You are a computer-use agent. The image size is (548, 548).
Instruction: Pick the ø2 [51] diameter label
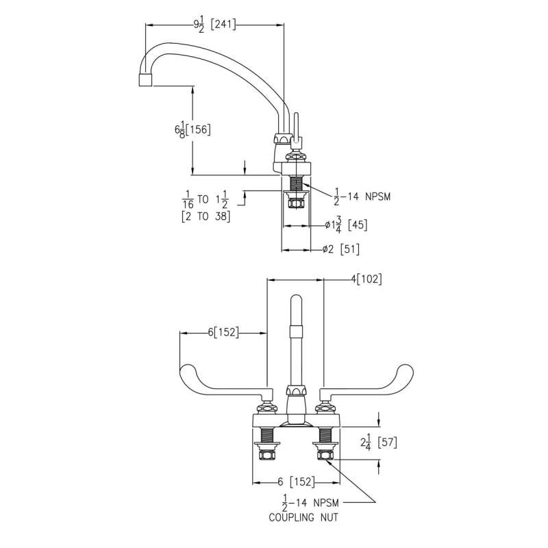[340, 249]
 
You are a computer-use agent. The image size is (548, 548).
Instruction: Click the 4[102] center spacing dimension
[366, 279]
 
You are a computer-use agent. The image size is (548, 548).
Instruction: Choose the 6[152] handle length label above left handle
[222, 333]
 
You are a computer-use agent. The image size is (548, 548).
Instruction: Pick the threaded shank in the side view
[297, 184]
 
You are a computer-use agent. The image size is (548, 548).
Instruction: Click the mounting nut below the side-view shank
[297, 201]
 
